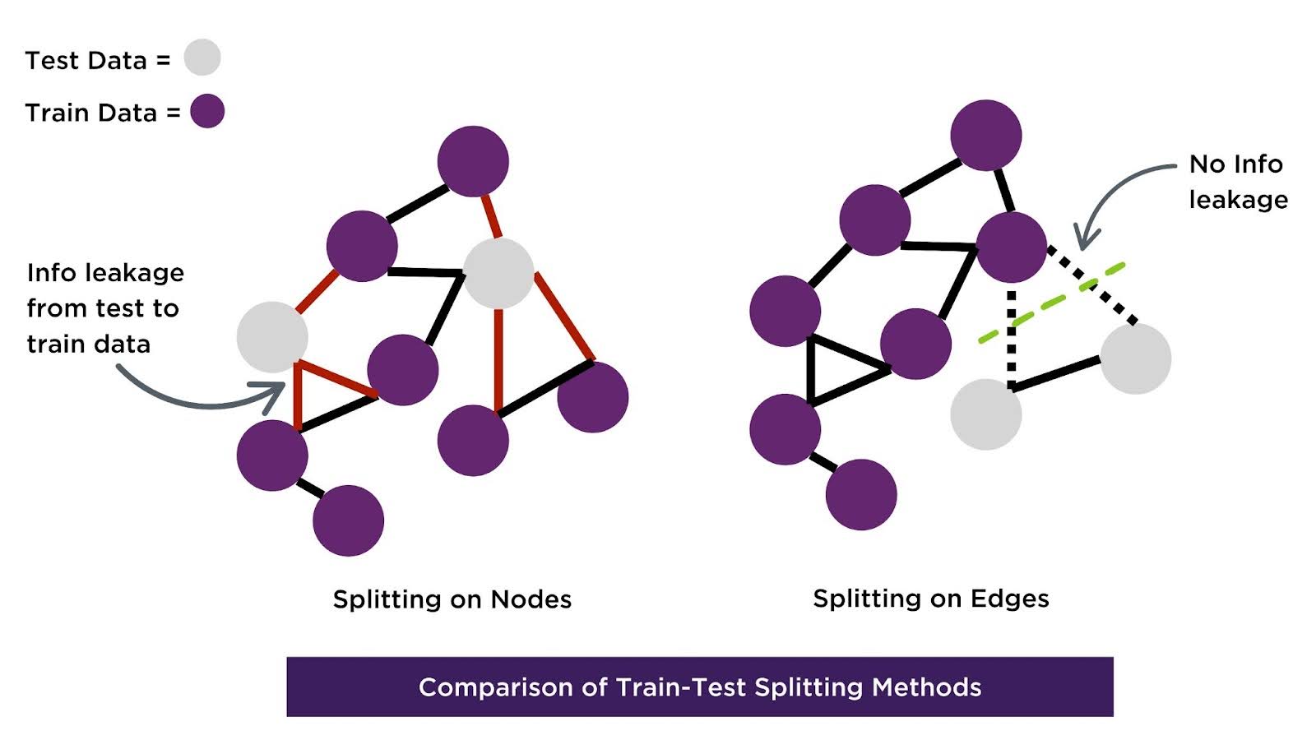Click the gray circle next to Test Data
pyautogui.click(x=202, y=58)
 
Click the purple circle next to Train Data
pyautogui.click(x=207, y=112)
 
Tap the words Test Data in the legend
pyautogui.click(x=86, y=60)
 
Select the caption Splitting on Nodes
pyautogui.click(x=452, y=599)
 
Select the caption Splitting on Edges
pyautogui.click(x=930, y=598)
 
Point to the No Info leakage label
pyautogui.click(x=1238, y=182)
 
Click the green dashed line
pyautogui.click(x=1051, y=303)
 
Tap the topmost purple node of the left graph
pyautogui.click(x=473, y=161)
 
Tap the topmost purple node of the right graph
pyautogui.click(x=985, y=136)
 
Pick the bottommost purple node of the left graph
pyautogui.click(x=348, y=520)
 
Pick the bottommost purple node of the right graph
pyautogui.click(x=861, y=494)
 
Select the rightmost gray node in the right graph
pyautogui.click(x=1135, y=358)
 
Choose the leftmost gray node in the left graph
pyautogui.click(x=272, y=337)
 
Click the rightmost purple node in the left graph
pyautogui.click(x=592, y=397)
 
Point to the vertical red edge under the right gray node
pyautogui.click(x=498, y=358)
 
